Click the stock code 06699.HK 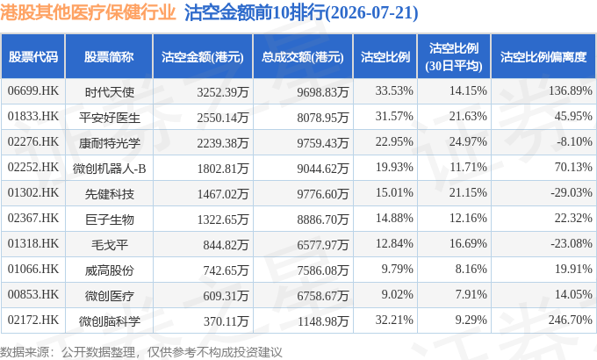(33, 91)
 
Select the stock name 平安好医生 (109, 118)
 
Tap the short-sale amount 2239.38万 (223, 143)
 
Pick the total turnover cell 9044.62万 (323, 169)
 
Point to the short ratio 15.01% (394, 193)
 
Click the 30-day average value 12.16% (468, 219)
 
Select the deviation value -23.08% (572, 244)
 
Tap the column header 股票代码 (33, 57)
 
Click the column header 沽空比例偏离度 (543, 57)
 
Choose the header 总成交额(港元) (303, 57)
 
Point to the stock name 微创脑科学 (109, 321)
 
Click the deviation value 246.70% (571, 320)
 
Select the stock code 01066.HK (33, 270)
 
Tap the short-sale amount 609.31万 (226, 296)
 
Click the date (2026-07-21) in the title (371, 13)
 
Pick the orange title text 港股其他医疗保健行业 (88, 12)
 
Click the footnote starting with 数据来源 (141, 351)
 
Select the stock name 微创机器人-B (109, 169)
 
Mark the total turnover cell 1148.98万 (323, 321)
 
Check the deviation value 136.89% (571, 91)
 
